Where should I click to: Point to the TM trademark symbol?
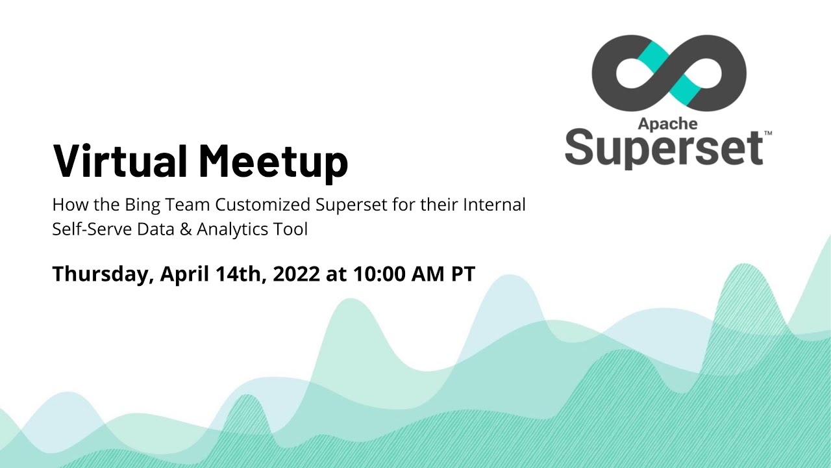pyautogui.click(x=768, y=133)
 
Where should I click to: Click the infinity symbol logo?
pyautogui.click(x=669, y=73)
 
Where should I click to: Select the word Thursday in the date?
pyautogui.click(x=102, y=274)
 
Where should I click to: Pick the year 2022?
pyautogui.click(x=297, y=274)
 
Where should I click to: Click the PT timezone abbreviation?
pyautogui.click(x=464, y=274)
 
